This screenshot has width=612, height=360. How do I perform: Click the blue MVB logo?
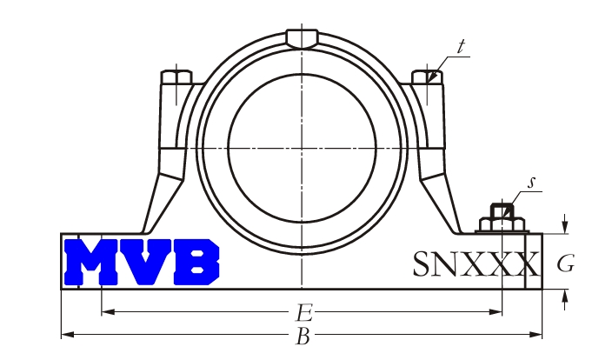click(142, 262)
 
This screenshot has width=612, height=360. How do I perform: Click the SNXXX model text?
click(476, 264)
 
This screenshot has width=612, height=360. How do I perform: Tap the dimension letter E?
click(305, 313)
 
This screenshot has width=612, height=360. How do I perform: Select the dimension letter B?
click(303, 337)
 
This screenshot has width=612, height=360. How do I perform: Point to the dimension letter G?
click(566, 263)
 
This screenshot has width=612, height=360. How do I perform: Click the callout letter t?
click(462, 46)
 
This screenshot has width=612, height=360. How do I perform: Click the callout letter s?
click(531, 183)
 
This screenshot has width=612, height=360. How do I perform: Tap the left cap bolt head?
click(176, 77)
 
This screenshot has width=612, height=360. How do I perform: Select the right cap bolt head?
click(428, 77)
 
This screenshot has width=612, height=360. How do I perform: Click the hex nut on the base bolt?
click(502, 224)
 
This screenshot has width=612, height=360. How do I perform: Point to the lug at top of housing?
click(302, 38)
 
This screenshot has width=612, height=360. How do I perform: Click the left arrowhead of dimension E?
click(108, 311)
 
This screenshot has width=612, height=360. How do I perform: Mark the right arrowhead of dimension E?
click(496, 311)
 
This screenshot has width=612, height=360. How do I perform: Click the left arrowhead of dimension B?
click(68, 335)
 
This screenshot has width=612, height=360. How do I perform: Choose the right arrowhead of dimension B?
click(535, 335)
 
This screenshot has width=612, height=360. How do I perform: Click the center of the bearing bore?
click(302, 148)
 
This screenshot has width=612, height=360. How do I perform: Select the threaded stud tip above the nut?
click(502, 210)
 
